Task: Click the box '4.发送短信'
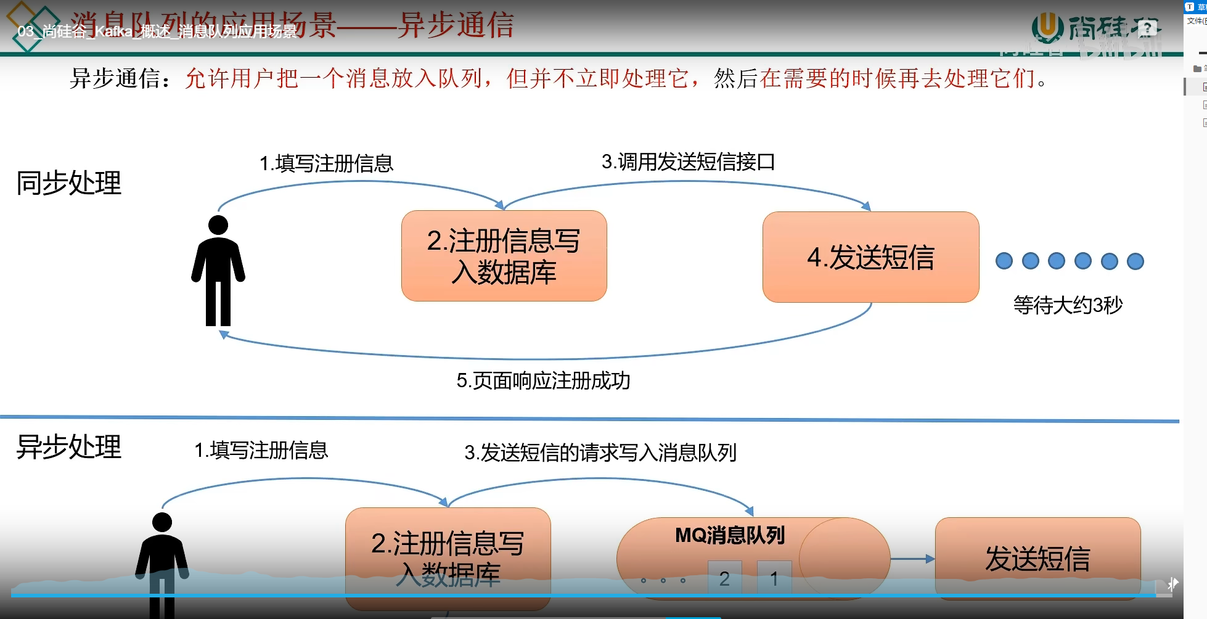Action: tap(870, 257)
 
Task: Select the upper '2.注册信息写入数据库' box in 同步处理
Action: tap(504, 256)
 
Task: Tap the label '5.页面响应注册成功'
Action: tap(543, 380)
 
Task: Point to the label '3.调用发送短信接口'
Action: tap(688, 162)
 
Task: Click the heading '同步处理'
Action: tap(68, 182)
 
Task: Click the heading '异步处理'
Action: tap(68, 446)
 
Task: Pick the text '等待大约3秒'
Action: tap(1068, 305)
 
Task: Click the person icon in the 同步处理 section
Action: tap(218, 271)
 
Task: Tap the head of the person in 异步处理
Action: tap(162, 522)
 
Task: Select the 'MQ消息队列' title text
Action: tap(730, 535)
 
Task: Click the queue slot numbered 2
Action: tap(724, 578)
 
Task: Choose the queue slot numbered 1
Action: tap(774, 578)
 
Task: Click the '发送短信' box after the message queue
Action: tap(1037, 558)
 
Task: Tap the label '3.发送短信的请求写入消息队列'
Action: tap(600, 453)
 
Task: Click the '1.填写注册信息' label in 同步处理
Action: tap(326, 163)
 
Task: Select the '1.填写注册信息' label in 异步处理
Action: tap(261, 450)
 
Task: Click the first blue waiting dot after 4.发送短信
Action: tap(1004, 261)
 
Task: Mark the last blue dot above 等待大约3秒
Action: tap(1135, 261)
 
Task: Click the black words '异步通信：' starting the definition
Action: tap(121, 78)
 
